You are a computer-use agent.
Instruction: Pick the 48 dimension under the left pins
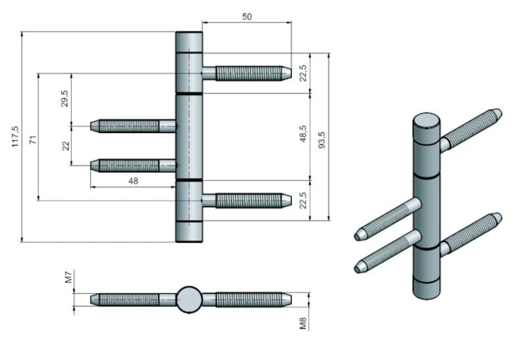coord(133,181)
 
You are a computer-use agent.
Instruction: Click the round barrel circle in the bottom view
coord(189,299)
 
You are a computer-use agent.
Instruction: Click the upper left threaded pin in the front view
coord(132,125)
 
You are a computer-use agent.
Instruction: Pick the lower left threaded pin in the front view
coord(132,165)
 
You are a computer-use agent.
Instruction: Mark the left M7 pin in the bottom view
coord(131,299)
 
